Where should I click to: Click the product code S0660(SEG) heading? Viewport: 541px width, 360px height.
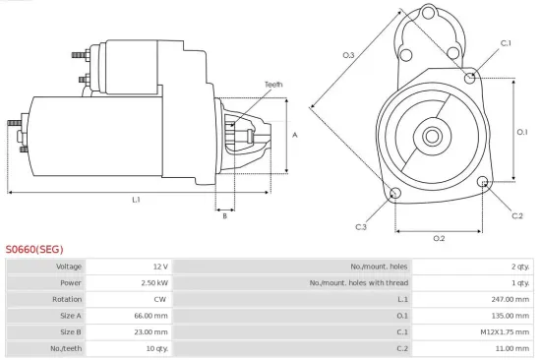34,249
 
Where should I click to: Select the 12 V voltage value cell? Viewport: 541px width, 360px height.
160,267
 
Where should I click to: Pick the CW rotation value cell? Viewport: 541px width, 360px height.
160,299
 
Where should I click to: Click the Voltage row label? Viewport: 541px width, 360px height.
69,267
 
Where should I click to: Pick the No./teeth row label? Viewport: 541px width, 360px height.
66,348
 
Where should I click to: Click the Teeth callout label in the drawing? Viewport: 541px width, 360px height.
273,85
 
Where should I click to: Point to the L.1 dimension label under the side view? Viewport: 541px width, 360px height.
136,200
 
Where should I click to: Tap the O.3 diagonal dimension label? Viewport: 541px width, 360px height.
348,55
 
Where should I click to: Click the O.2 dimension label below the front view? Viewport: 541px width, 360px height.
439,238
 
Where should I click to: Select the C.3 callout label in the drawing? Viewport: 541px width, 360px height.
361,227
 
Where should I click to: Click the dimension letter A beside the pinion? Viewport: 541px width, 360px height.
295,135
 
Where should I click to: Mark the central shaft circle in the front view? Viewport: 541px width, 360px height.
434,133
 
